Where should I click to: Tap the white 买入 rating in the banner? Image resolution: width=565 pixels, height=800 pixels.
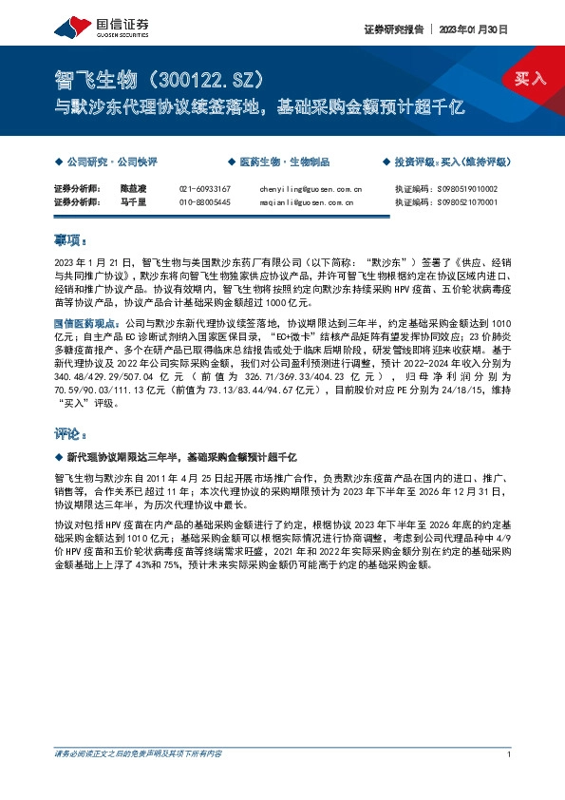coord(530,79)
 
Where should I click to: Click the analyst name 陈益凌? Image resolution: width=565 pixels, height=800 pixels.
coord(133,189)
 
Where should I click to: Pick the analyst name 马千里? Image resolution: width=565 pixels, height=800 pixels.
coord(133,201)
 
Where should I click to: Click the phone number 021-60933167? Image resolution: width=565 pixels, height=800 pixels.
coord(204,189)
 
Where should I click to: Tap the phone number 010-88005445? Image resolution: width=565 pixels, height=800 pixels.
coord(204,201)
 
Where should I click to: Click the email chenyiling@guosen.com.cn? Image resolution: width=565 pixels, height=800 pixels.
coord(310,189)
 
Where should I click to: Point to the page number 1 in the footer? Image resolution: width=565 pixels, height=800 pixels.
coord(510,753)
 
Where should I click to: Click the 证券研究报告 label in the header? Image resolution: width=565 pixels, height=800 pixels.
coord(393,29)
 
